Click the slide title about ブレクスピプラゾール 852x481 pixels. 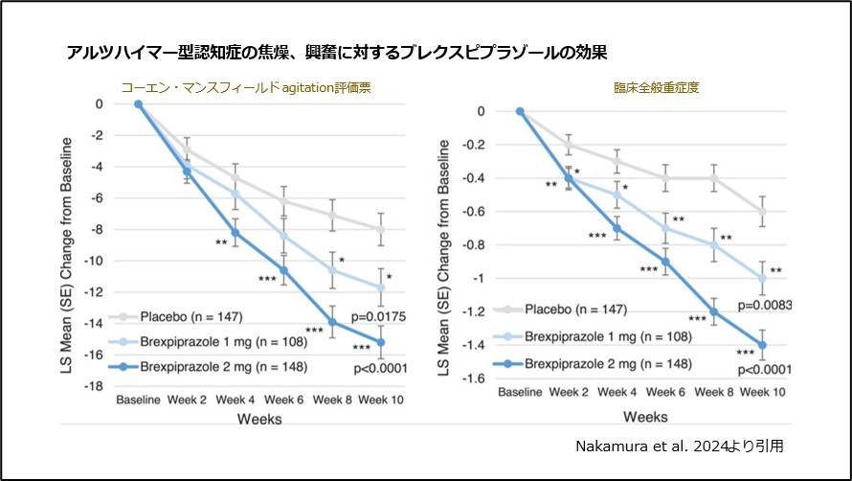pyautogui.click(x=337, y=51)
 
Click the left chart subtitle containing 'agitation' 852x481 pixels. pyautogui.click(x=245, y=86)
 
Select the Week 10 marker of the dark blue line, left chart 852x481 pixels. pyautogui.click(x=381, y=342)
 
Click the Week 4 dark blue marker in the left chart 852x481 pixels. pyautogui.click(x=235, y=233)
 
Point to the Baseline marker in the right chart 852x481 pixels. pyautogui.click(x=521, y=111)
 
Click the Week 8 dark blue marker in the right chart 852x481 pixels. pyautogui.click(x=713, y=311)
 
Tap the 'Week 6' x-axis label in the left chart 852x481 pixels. pyautogui.click(x=283, y=399)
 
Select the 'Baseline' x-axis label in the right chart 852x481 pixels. pyautogui.click(x=521, y=392)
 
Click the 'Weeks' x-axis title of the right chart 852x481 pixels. pyautogui.click(x=644, y=418)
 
